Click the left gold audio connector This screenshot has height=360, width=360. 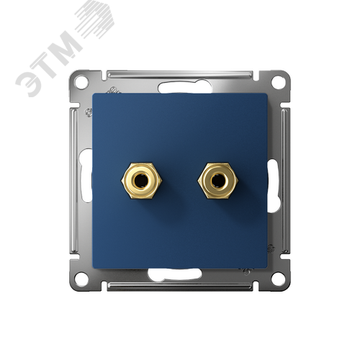pyautogui.click(x=142, y=181)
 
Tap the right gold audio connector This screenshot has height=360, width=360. pyautogui.click(x=217, y=181)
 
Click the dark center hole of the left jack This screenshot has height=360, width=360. pyautogui.click(x=141, y=180)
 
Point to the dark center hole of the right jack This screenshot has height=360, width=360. pyautogui.click(x=217, y=180)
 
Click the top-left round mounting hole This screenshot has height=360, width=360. pyautogui.click(x=81, y=81)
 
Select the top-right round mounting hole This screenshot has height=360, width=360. pyautogui.click(x=278, y=81)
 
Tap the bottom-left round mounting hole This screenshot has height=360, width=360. pyautogui.click(x=81, y=279)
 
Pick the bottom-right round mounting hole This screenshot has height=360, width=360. pyautogui.click(x=278, y=279)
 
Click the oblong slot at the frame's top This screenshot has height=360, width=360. pyautogui.click(x=185, y=88)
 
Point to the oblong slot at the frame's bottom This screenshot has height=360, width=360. pyautogui.click(x=175, y=274)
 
